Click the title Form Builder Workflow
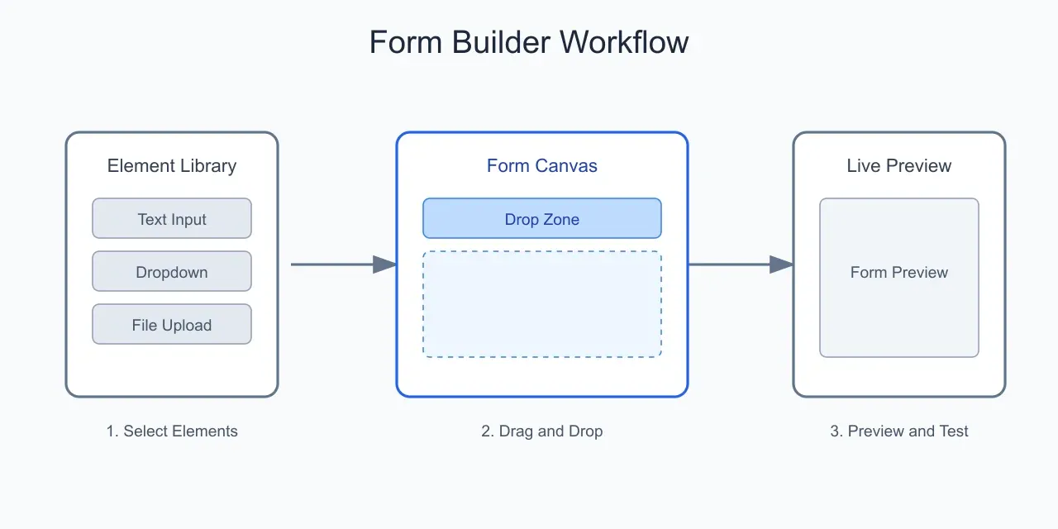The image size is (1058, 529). coord(529,42)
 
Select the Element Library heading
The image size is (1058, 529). coord(172,166)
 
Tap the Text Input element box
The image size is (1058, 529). coord(172,219)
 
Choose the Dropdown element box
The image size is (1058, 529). coord(172,272)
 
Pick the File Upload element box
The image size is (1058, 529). coord(172,325)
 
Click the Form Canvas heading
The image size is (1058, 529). coord(542,166)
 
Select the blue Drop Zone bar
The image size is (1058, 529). coord(542,219)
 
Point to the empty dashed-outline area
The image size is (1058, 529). coord(542,304)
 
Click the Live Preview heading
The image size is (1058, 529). coord(899,166)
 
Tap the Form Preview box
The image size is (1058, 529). coord(899,278)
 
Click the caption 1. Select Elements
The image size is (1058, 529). coord(172,431)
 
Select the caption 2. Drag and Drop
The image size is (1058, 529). coord(542,431)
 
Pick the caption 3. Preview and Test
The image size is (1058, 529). coord(899,431)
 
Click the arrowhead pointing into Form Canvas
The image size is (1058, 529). coord(384,264)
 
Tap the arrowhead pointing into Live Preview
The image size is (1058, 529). coord(781,264)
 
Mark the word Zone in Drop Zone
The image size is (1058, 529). coord(560,219)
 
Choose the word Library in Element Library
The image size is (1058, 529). coord(206,166)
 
